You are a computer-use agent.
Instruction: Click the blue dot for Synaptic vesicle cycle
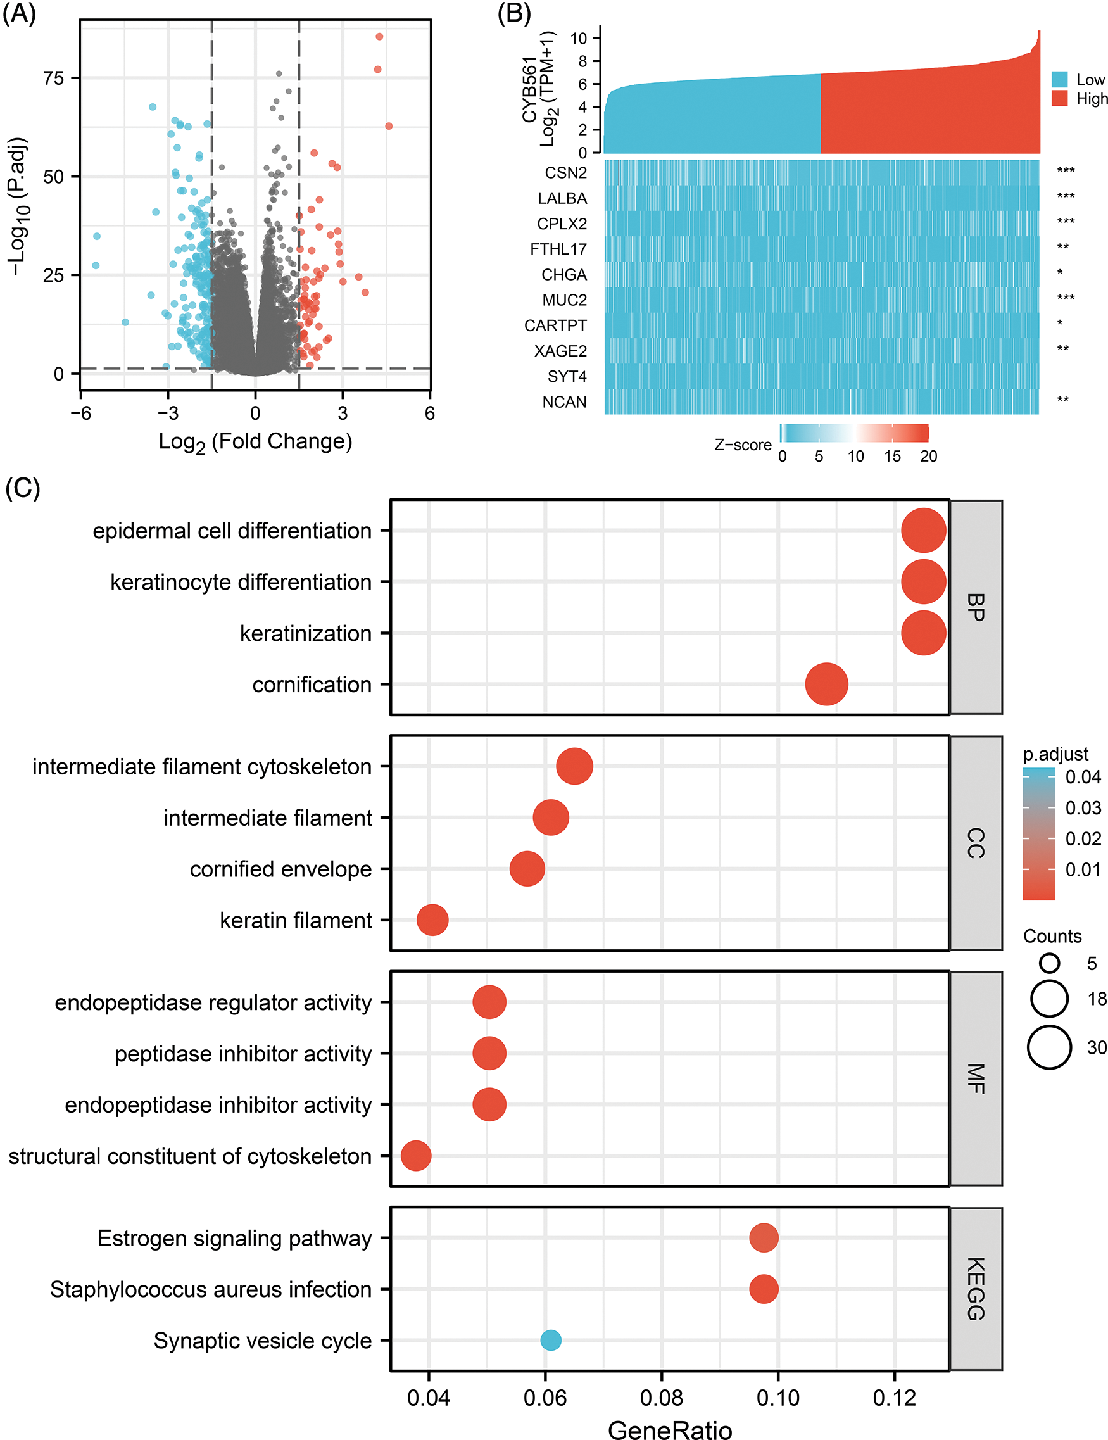coord(550,1340)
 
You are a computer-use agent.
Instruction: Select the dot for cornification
coord(826,685)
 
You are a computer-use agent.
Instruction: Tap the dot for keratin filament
coord(432,919)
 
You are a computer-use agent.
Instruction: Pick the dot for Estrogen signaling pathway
coord(764,1237)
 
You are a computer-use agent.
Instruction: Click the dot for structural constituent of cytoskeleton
coord(416,1156)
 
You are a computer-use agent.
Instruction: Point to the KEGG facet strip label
coord(976,1289)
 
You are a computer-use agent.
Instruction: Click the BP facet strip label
coord(976,607)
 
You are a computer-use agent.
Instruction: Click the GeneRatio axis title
coord(669,1429)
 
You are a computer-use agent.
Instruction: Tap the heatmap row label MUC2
coord(564,300)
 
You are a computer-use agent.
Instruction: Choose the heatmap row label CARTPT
coord(555,325)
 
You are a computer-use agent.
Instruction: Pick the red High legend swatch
coord(1059,99)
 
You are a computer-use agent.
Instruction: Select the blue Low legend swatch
coord(1059,80)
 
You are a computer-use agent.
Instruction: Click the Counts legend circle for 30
coord(1048,1047)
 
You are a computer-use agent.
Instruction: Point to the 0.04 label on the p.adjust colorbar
coord(1083,777)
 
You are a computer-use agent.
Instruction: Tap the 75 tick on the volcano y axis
coord(53,79)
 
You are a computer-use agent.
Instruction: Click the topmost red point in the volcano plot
coord(379,36)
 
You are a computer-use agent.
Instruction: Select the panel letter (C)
coord(22,489)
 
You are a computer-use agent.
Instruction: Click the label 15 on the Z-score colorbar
coord(892,457)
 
